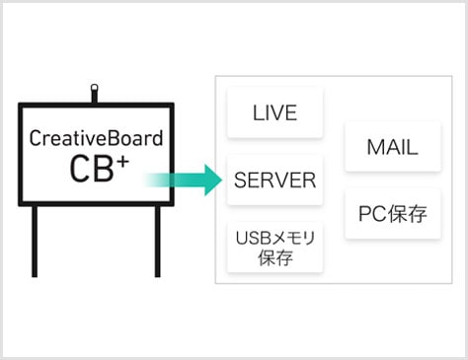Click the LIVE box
point(274,113)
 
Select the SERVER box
point(274,180)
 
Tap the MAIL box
point(392,148)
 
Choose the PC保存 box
point(392,213)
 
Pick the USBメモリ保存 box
point(274,249)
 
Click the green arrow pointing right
point(184,180)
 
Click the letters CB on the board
point(90,169)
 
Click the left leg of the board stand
point(37,241)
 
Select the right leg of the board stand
point(157,241)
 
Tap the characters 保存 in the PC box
point(408,213)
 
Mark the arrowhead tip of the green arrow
point(219,180)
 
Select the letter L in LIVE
point(257,113)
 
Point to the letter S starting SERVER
point(240,180)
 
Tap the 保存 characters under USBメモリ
point(274,259)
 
